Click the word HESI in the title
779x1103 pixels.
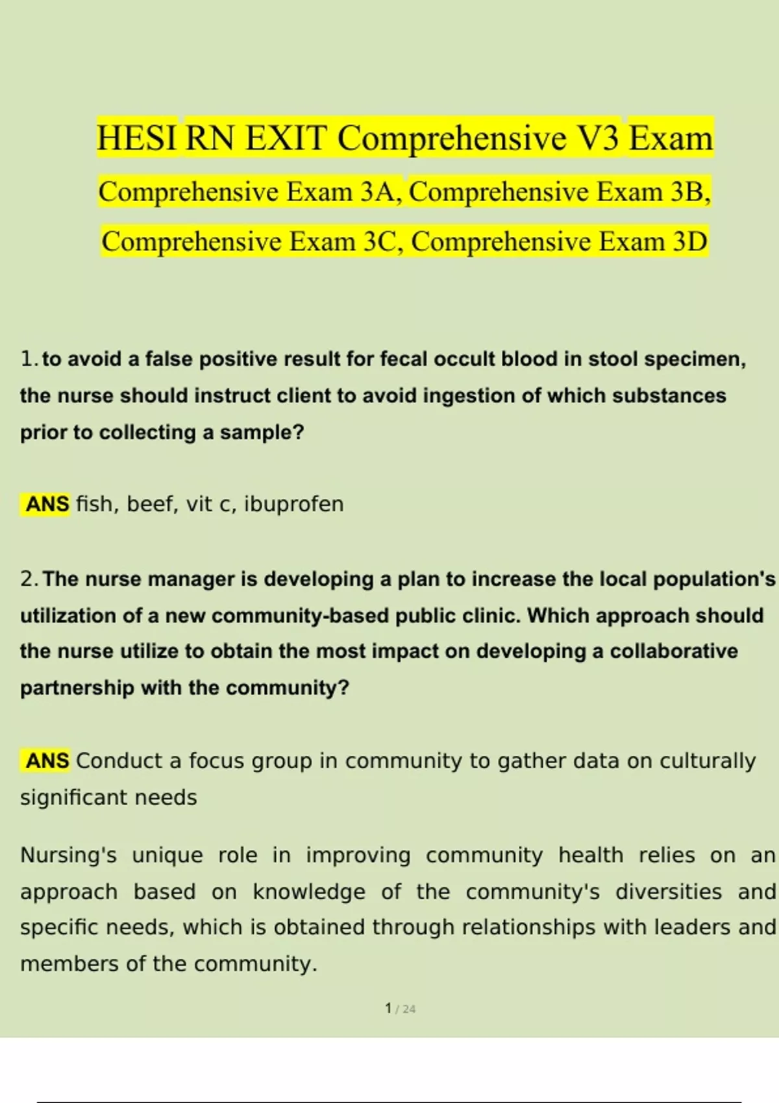pyautogui.click(x=136, y=138)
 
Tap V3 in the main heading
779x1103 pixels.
pyautogui.click(x=594, y=138)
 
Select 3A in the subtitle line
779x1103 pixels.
pyautogui.click(x=378, y=192)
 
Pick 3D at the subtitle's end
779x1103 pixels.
pyautogui.click(x=689, y=242)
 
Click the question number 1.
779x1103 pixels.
pyautogui.click(x=27, y=359)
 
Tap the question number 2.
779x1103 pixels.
pyautogui.click(x=27, y=579)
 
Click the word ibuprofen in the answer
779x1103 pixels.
pyautogui.click(x=293, y=504)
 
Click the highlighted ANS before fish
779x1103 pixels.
pyautogui.click(x=47, y=504)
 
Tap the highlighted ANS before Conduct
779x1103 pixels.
pyautogui.click(x=47, y=760)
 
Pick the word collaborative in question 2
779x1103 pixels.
pyautogui.click(x=673, y=651)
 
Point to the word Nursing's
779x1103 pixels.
pyautogui.click(x=68, y=855)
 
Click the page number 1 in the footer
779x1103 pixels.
pyautogui.click(x=388, y=1008)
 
